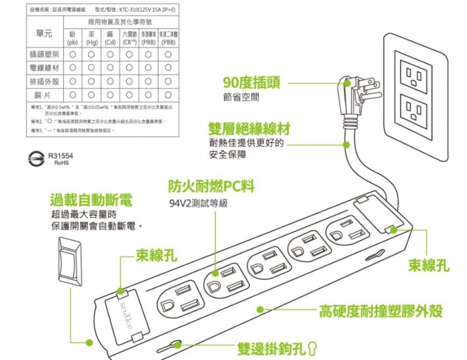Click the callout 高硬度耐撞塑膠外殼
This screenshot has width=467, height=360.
(x=372, y=310)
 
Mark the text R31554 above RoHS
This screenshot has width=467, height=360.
(x=61, y=156)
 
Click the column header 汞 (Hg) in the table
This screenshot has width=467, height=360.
(x=92, y=39)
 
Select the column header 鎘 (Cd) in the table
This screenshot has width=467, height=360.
(x=110, y=39)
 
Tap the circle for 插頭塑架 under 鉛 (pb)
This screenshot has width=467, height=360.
(x=73, y=54)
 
